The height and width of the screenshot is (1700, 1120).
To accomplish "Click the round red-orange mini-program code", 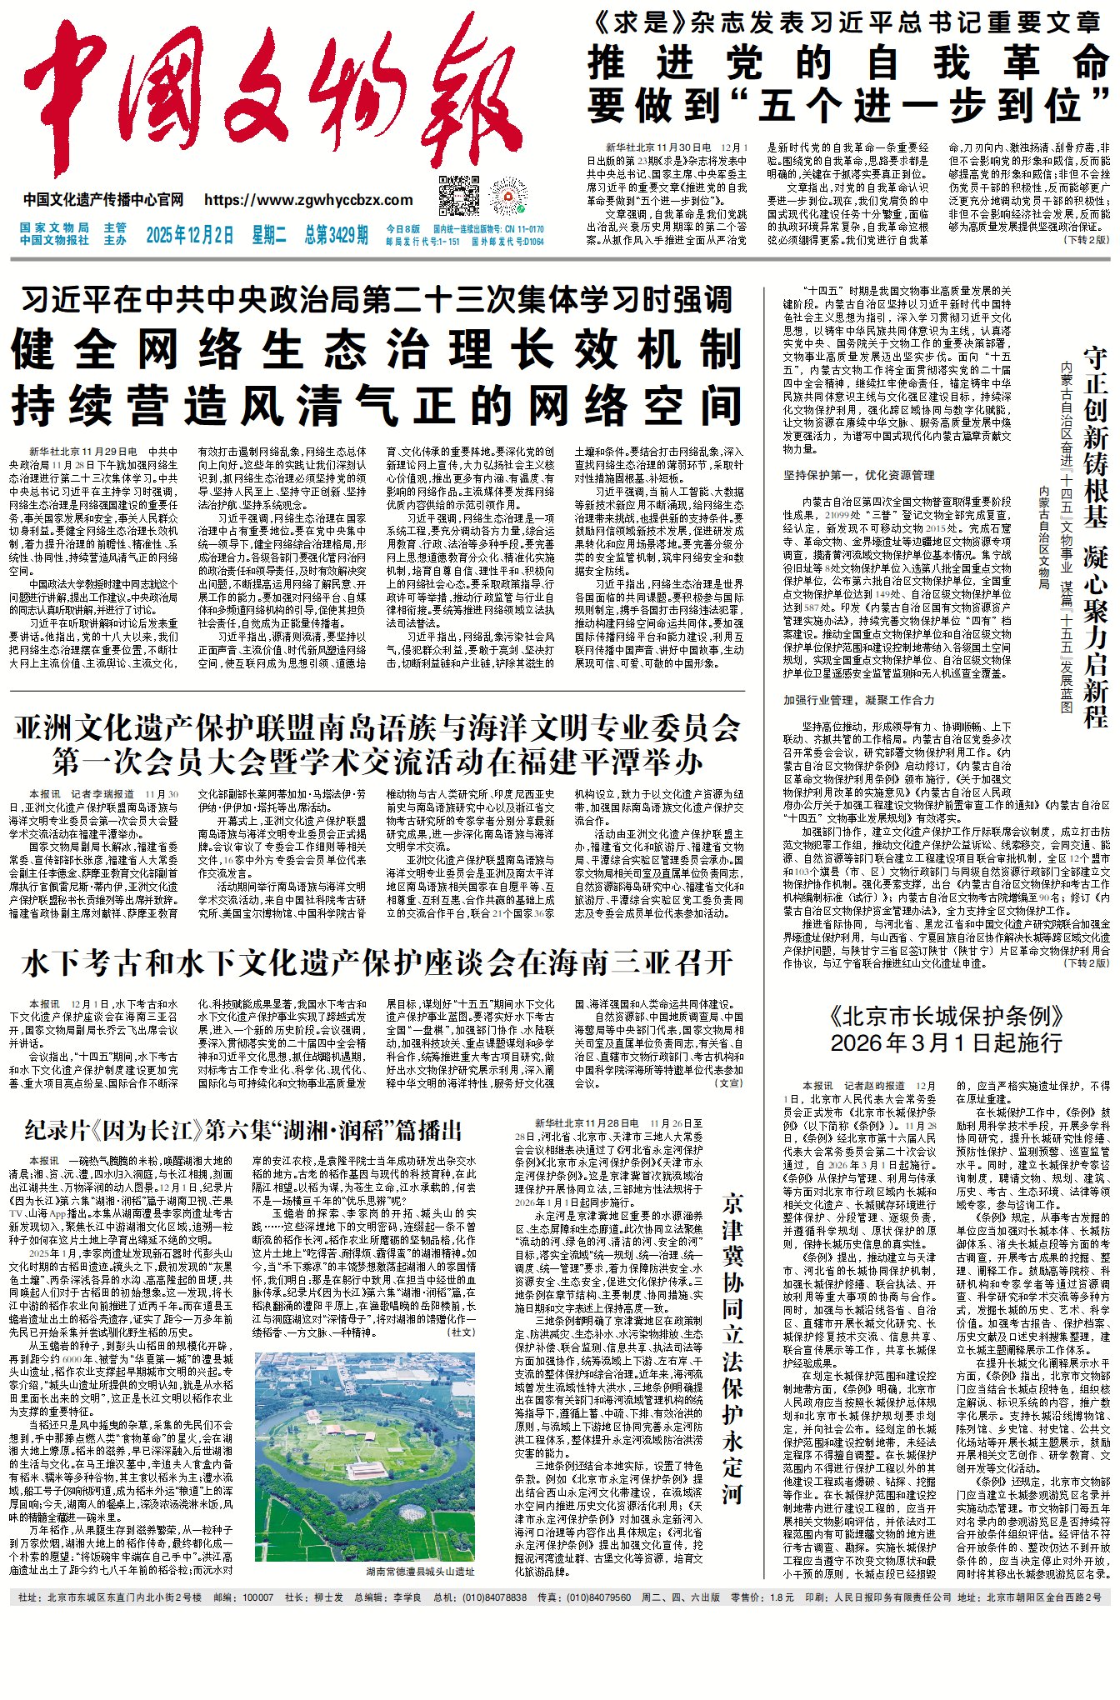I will pyautogui.click(x=508, y=197).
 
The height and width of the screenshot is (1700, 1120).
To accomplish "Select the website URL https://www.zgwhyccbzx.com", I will pyautogui.click(x=308, y=200).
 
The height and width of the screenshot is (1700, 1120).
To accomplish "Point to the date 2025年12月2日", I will pyautogui.click(x=190, y=235).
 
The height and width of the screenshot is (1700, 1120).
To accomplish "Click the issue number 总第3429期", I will pyautogui.click(x=336, y=235).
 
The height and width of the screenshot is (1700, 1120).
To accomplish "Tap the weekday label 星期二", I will pyautogui.click(x=269, y=235).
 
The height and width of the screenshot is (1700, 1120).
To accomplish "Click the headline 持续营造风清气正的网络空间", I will pyautogui.click(x=377, y=407).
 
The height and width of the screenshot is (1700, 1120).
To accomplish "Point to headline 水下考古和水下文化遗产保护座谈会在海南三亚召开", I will pyautogui.click(x=377, y=963).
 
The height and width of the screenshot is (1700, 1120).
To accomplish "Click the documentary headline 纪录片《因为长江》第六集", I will pyautogui.click(x=242, y=1130).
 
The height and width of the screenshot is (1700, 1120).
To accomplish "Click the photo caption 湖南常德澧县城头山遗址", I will pyautogui.click(x=420, y=1572).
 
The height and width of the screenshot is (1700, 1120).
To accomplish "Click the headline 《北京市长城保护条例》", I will pyautogui.click(x=947, y=1017).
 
